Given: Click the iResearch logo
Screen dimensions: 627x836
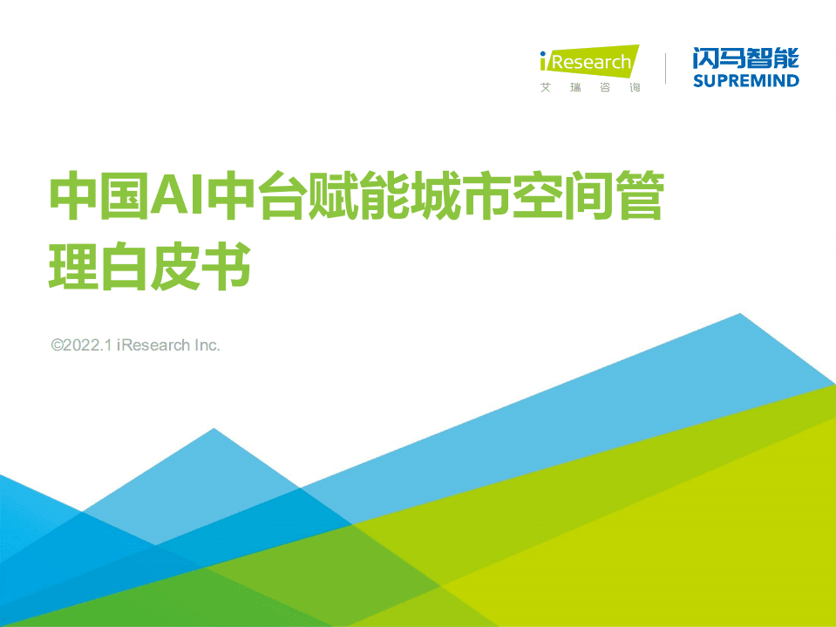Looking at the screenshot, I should pyautogui.click(x=589, y=62).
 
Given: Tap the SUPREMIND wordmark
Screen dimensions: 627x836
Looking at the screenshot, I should pyautogui.click(x=745, y=81).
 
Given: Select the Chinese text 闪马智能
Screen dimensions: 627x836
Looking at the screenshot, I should pyautogui.click(x=745, y=58).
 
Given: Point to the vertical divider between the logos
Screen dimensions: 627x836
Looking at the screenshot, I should pyautogui.click(x=666, y=68).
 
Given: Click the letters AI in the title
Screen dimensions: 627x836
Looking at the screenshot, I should pyautogui.click(x=174, y=195).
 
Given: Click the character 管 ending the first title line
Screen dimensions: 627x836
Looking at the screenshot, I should pyautogui.click(x=635, y=195).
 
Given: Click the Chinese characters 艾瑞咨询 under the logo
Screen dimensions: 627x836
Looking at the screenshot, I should pyautogui.click(x=589, y=88).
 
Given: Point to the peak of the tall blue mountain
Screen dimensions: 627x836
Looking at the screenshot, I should pyautogui.click(x=740, y=314).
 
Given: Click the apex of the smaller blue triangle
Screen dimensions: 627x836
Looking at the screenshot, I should pyautogui.click(x=213, y=429).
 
